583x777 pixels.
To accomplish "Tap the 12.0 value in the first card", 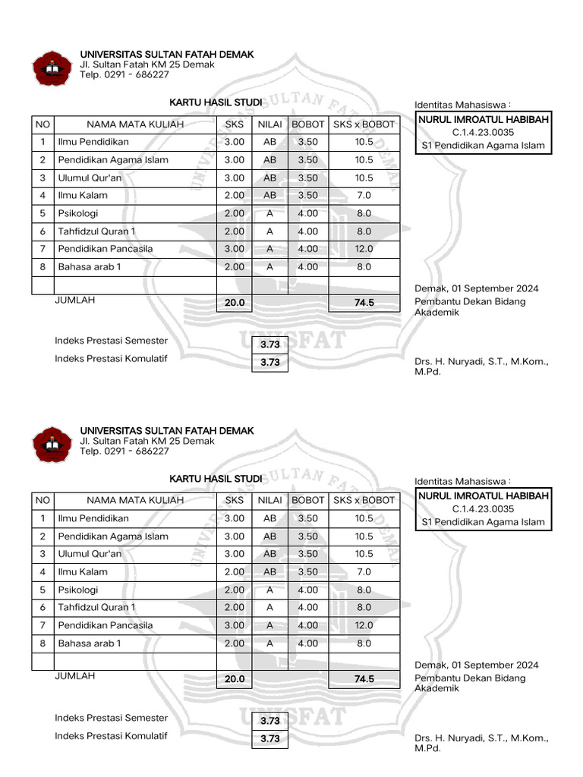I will pyautogui.click(x=364, y=249).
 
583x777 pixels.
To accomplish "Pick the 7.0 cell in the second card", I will pyautogui.click(x=364, y=572).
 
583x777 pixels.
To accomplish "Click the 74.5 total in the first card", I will pyautogui.click(x=364, y=303).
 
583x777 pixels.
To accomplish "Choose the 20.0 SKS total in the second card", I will pyautogui.click(x=235, y=680).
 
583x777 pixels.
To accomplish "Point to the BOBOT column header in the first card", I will pyautogui.click(x=308, y=124).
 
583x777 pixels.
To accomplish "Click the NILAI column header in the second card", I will pyautogui.click(x=269, y=501).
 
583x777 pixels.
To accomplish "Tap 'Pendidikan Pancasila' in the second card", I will pyautogui.click(x=105, y=625).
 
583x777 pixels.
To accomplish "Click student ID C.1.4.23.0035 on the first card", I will pyautogui.click(x=483, y=132).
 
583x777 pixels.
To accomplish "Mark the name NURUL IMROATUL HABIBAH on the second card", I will pyautogui.click(x=484, y=496).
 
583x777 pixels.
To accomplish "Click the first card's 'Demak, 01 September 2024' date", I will pyautogui.click(x=477, y=288).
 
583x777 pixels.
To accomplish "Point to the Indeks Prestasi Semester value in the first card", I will pyautogui.click(x=269, y=344).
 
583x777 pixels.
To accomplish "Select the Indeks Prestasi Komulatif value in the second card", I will pyautogui.click(x=269, y=739).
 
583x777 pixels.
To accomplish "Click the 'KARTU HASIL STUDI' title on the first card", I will pyautogui.click(x=216, y=102).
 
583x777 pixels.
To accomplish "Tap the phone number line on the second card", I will pyautogui.click(x=124, y=451).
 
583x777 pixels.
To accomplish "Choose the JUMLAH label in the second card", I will pyautogui.click(x=75, y=676).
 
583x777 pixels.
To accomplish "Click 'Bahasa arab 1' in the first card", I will pyautogui.click(x=89, y=267).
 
